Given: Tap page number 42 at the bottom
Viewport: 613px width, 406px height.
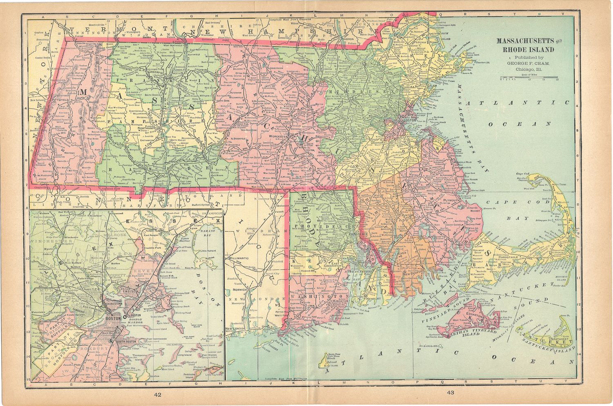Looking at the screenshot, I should pos(158,394).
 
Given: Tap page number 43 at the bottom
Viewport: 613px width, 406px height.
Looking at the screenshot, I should pos(450,393).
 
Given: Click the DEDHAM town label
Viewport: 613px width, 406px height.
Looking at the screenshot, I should pos(380,143).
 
